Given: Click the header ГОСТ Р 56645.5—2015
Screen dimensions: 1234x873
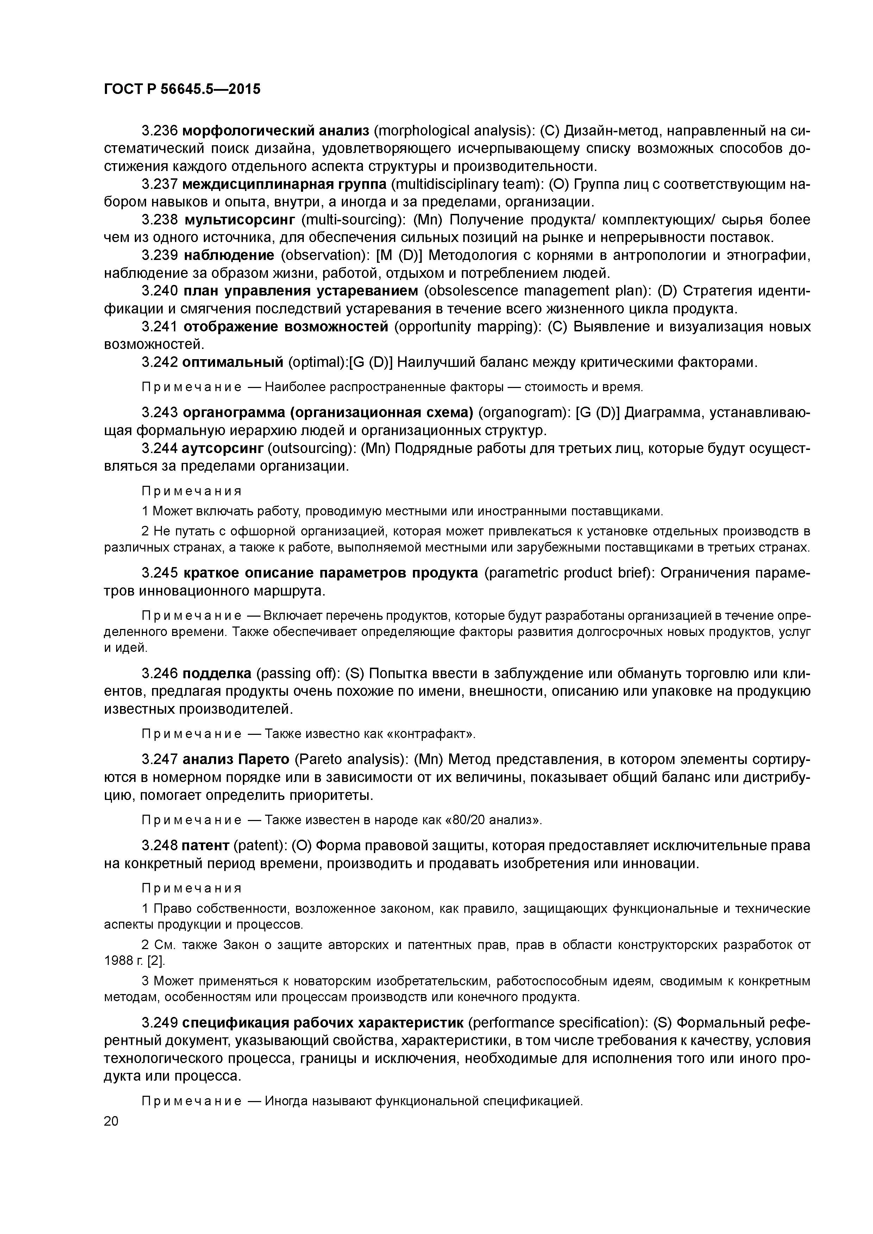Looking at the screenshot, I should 182,89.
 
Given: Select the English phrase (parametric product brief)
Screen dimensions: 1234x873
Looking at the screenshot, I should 569,573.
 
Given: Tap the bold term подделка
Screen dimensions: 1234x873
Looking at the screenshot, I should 217,673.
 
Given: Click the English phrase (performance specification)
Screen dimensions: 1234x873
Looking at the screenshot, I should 556,1022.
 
